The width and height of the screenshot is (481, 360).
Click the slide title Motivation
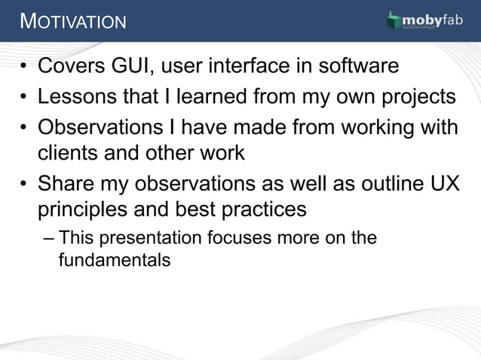(73, 21)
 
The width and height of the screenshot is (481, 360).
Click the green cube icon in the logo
(394, 21)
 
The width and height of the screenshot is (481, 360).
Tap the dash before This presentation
(49, 239)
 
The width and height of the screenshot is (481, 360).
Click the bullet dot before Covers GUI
(25, 68)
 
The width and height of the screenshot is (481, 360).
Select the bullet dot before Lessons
(25, 99)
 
